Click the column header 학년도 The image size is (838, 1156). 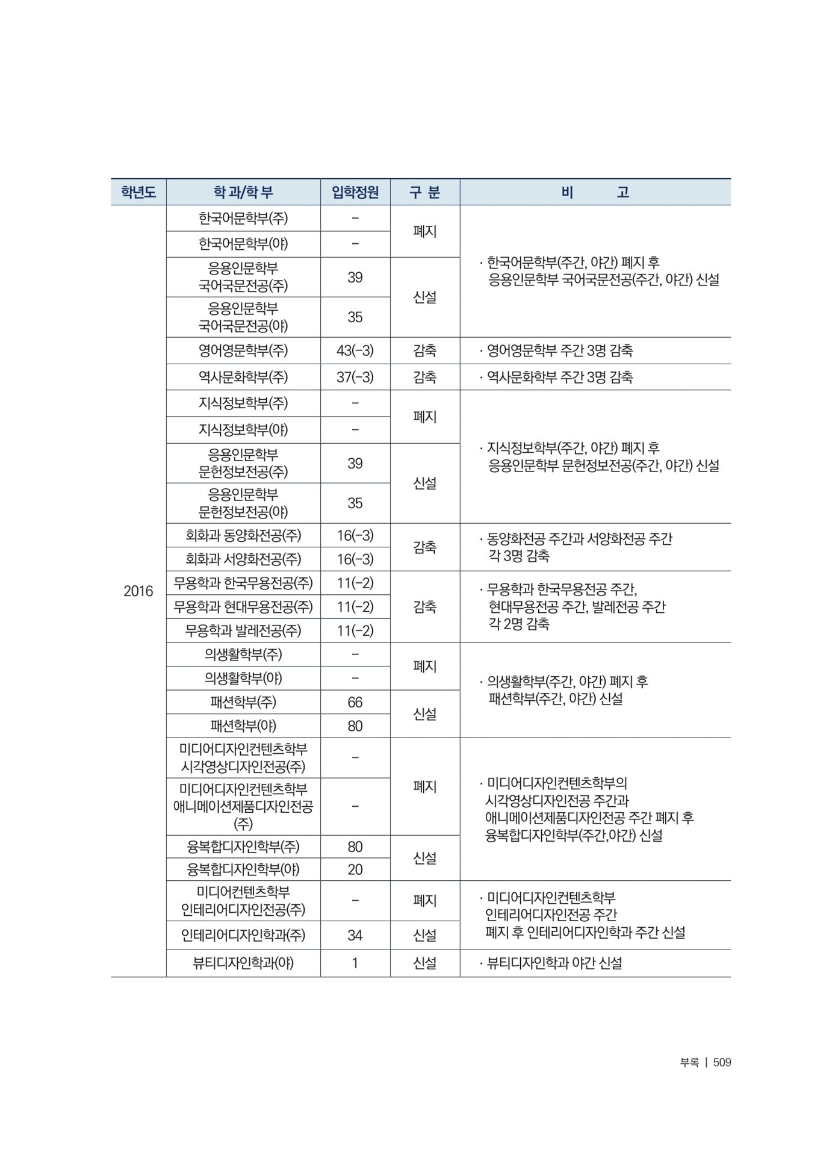(138, 192)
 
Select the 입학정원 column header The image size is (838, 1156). (355, 192)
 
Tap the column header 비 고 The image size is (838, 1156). (595, 192)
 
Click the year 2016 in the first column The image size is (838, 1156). (138, 591)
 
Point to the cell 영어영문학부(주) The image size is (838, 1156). (243, 350)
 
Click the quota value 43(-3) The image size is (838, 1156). (355, 350)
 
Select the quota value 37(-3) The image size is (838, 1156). (355, 377)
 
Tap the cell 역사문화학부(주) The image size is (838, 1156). (243, 377)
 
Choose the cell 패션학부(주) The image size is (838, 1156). (243, 702)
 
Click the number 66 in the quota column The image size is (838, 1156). (355, 702)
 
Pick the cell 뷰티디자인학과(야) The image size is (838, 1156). (243, 963)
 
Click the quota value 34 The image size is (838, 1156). (355, 935)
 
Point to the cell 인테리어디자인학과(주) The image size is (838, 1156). (243, 935)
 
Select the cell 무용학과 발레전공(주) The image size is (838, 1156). (243, 630)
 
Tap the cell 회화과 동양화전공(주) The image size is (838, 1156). (243, 535)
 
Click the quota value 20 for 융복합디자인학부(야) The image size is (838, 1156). (355, 869)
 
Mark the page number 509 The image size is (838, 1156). (722, 1063)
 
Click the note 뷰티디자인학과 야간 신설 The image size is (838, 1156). (554, 963)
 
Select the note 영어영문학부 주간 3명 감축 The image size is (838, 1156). (559, 350)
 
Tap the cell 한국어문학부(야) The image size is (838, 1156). (243, 244)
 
